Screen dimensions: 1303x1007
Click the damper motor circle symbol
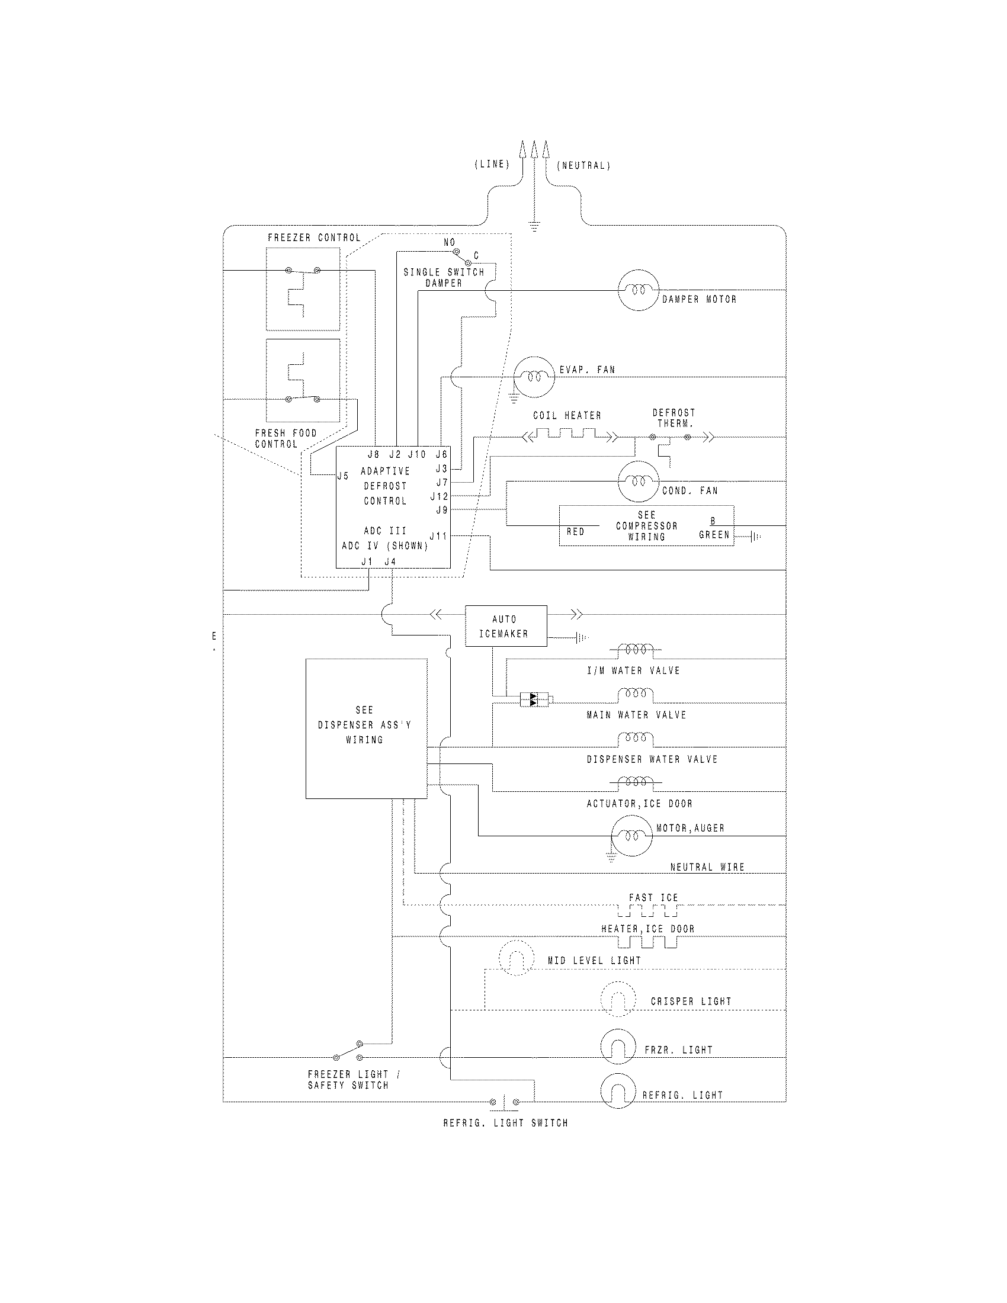coord(639,290)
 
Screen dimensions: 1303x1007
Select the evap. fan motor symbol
coord(534,377)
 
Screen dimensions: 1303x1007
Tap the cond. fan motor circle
coord(638,481)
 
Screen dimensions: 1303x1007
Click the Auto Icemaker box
coord(505,626)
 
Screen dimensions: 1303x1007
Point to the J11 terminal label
coord(438,536)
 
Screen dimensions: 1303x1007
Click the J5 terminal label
coord(343,476)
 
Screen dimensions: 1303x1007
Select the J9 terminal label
coord(441,509)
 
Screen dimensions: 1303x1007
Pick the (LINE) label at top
coord(492,164)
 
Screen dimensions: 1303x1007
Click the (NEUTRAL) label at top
coord(583,165)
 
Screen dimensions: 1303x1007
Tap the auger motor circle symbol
coord(632,836)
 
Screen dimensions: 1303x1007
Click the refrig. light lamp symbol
coord(618,1090)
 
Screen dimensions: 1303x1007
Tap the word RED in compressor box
coord(575,532)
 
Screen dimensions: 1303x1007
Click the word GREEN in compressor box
coord(714,535)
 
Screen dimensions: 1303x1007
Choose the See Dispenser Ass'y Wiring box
coord(366,728)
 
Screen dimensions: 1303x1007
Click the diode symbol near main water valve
coord(534,700)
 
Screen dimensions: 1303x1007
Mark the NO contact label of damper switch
coord(449,242)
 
